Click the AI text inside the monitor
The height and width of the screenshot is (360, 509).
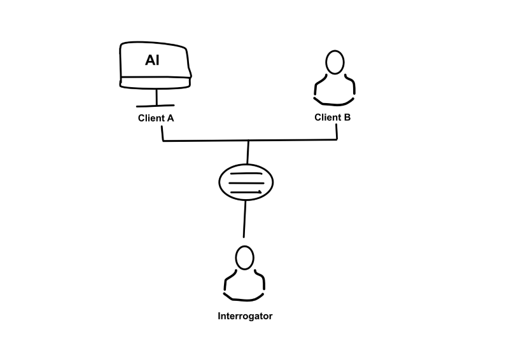point(152,60)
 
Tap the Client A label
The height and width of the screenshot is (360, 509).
point(156,118)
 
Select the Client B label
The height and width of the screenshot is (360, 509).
point(332,117)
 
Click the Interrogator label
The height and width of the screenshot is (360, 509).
point(245,316)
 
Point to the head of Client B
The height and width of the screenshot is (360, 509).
point(335,62)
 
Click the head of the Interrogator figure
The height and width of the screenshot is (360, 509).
point(244,258)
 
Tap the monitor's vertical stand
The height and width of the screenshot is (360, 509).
point(157,97)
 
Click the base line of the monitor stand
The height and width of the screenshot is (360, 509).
point(155,106)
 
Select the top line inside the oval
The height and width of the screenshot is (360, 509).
point(246,174)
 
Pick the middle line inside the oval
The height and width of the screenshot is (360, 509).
point(246,183)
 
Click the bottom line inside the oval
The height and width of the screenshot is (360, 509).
point(246,192)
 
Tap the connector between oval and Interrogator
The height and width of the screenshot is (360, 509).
point(244,219)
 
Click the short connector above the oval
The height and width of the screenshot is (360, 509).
point(248,152)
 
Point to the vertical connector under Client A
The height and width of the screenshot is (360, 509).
point(162,134)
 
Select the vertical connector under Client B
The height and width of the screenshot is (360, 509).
point(337,132)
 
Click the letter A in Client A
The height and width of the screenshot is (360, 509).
point(170,118)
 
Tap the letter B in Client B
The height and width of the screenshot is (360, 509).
point(347,117)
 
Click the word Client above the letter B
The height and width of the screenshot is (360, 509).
point(328,117)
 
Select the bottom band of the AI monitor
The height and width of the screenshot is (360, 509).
point(155,83)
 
